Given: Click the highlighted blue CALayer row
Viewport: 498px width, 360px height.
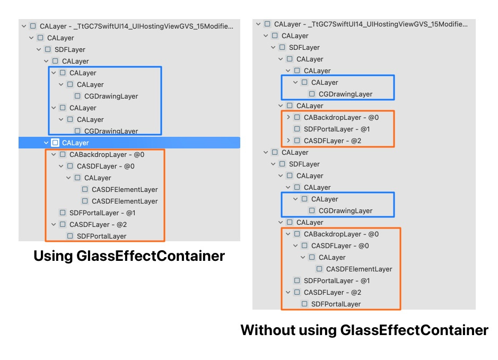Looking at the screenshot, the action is pos(129,143).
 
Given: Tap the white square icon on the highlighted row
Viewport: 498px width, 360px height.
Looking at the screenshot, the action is pos(55,143).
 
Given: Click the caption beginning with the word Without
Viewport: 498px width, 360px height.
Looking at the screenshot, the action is pos(364,330).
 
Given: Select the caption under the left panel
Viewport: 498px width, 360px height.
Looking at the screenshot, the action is pos(129,256).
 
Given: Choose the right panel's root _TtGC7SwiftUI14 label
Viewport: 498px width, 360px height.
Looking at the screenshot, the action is pos(371,24).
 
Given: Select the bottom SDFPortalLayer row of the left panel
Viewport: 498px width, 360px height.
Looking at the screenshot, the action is pos(101,236).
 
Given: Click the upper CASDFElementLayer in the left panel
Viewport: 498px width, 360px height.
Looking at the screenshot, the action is pos(125,189).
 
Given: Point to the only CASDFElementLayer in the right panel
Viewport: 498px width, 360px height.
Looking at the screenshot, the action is pos(359,269).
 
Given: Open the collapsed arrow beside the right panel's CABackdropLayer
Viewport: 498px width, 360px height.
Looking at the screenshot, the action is pos(289,117).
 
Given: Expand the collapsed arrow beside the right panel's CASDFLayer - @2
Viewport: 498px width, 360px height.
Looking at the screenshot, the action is pos(289,141).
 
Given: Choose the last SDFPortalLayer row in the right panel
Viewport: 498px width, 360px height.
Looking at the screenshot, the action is pos(336,304).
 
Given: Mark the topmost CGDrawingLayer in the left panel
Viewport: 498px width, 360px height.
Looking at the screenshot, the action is pos(111,96).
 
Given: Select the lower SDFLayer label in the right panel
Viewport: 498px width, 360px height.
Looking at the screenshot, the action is pos(304,164).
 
